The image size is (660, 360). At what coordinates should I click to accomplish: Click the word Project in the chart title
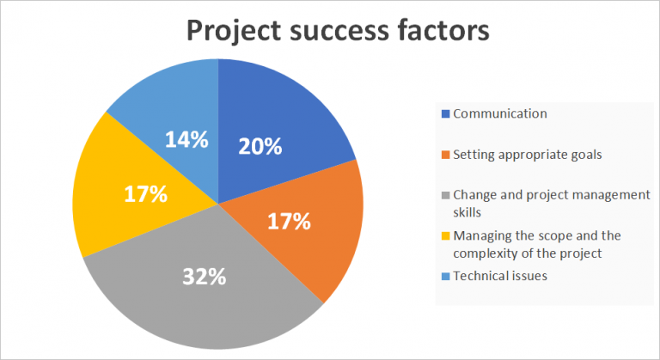(x=235, y=32)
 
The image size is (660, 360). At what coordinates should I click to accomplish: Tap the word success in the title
(x=348, y=32)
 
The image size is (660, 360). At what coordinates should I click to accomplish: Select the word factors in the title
(x=446, y=32)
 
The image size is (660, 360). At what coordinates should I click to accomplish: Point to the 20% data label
(x=260, y=146)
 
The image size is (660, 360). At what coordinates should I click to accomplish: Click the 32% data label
(x=204, y=277)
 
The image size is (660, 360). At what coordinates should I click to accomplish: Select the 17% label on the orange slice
(x=289, y=222)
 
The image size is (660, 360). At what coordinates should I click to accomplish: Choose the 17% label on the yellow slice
(x=145, y=194)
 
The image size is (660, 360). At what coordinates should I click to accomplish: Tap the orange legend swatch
(x=445, y=156)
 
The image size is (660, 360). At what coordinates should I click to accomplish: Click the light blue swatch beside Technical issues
(x=445, y=276)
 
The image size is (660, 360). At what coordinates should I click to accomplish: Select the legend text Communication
(x=500, y=113)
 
